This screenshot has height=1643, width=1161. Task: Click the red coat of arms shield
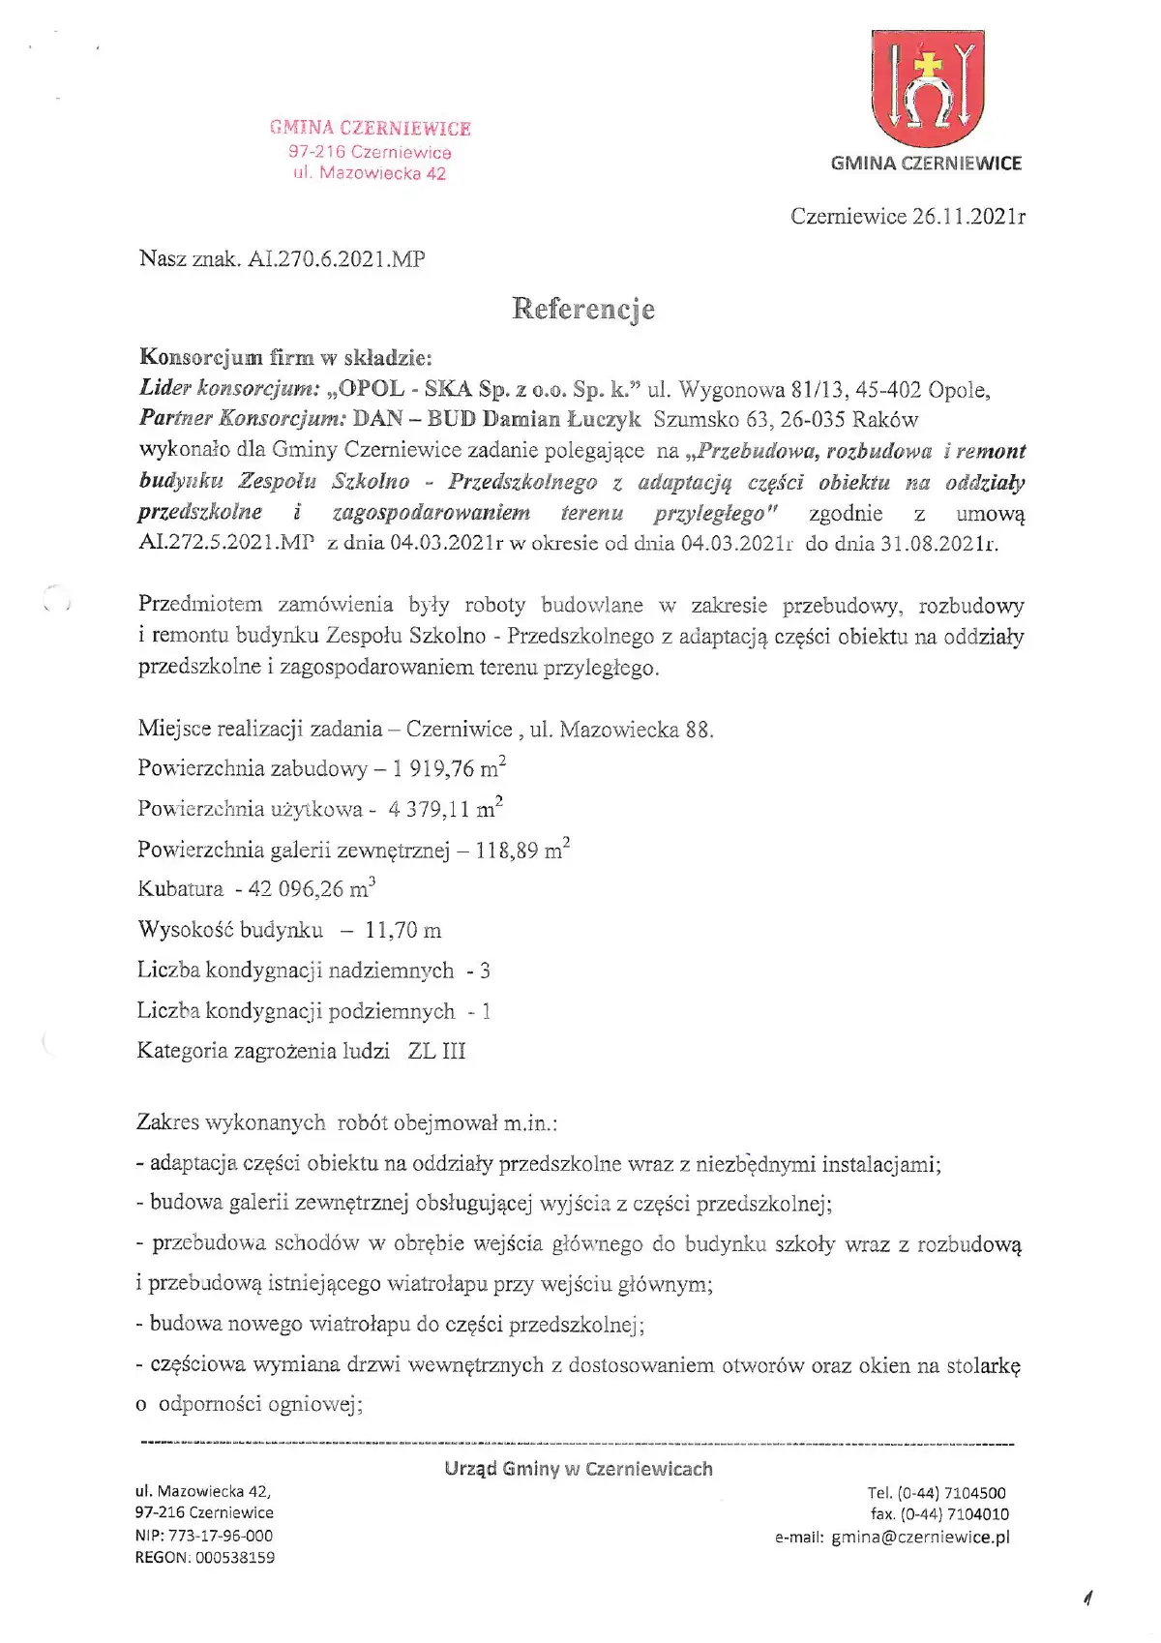927,89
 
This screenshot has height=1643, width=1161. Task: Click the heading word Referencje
583,310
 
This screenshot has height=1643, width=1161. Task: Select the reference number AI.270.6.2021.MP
337,259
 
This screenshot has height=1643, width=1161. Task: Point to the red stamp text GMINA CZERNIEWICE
371,129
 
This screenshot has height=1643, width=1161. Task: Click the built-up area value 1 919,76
434,769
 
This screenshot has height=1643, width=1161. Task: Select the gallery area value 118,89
508,851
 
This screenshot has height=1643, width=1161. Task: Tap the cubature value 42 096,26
295,889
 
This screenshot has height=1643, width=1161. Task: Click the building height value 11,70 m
402,931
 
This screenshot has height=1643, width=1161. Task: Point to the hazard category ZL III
436,1051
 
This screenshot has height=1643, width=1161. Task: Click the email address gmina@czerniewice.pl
920,1537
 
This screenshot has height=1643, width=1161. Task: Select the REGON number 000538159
234,1558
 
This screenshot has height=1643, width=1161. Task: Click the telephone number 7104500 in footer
975,1493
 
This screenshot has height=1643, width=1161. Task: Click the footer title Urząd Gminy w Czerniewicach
579,1469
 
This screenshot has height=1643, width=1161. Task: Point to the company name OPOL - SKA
404,390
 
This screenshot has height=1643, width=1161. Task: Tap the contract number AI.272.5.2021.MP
226,543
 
